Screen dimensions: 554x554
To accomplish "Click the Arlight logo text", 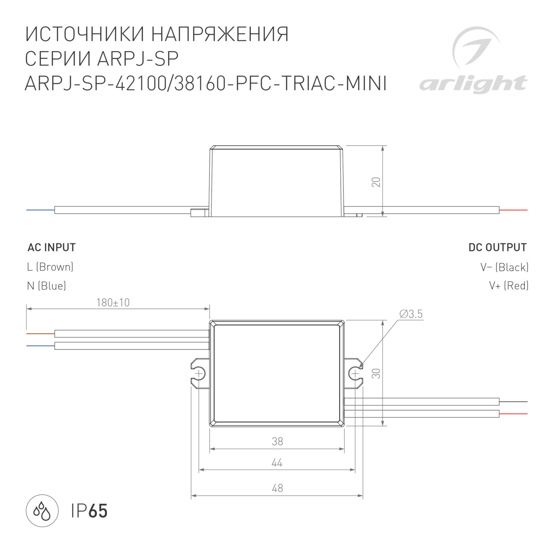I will (x=473, y=84).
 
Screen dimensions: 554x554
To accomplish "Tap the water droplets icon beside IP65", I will (x=42, y=510).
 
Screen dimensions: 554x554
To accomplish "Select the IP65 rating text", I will (x=89, y=511).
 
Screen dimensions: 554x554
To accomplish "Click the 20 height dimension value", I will (x=376, y=182).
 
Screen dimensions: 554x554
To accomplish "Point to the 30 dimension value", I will (x=376, y=373).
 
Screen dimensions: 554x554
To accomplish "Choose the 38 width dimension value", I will (x=277, y=441).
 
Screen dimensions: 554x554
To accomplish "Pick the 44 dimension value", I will (x=277, y=463).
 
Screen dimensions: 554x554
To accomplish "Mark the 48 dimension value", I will (x=277, y=488).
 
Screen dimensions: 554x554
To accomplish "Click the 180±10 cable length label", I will (x=113, y=303).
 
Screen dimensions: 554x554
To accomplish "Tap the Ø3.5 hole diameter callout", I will (x=411, y=314).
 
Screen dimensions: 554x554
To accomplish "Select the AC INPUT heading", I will (x=51, y=248).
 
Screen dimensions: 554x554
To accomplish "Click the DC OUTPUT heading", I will (x=497, y=248).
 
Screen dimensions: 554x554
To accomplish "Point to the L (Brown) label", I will (x=50, y=267).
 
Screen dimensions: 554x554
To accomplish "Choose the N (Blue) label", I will (x=46, y=286).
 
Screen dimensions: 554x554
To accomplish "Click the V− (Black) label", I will (x=505, y=268).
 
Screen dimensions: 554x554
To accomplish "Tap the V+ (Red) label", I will (x=508, y=286).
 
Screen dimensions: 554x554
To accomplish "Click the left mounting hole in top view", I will (x=199, y=373).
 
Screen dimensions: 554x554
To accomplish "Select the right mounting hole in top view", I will (x=355, y=373).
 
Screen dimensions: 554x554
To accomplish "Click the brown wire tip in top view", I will (x=40, y=334).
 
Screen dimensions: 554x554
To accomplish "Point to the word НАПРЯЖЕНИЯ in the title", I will (x=220, y=35).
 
